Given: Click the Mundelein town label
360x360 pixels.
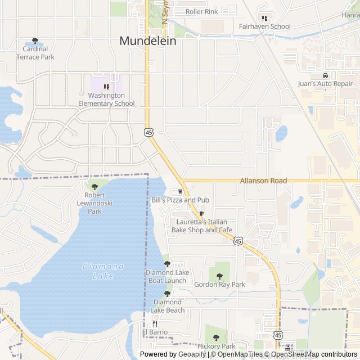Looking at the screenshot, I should coord(148,41).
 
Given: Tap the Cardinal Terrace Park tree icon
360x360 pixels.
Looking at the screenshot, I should coord(35,41).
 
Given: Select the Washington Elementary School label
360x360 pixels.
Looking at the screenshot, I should coord(106,99).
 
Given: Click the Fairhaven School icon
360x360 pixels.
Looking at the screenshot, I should coord(264,18).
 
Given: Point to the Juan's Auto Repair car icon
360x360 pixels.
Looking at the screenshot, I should coord(325,75).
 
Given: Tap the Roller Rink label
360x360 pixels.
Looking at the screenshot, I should coord(201,11).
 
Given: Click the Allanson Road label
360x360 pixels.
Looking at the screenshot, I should coord(263,181).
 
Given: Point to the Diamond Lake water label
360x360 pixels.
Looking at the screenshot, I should coord(103,271).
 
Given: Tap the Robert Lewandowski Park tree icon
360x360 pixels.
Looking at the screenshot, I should coord(94,187).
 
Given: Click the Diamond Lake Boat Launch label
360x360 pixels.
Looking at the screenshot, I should coord(167,277).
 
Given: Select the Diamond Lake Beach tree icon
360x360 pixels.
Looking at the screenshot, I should coord(167,294).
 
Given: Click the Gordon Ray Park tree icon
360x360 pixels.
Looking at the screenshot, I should coord(219,276).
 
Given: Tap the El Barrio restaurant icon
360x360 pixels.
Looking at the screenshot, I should coord(155,323).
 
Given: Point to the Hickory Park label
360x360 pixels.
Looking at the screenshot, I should coord(216,346).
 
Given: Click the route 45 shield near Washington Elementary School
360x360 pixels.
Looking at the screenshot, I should coord(148,132).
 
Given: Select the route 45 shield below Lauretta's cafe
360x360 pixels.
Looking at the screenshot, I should coord(238,241).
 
